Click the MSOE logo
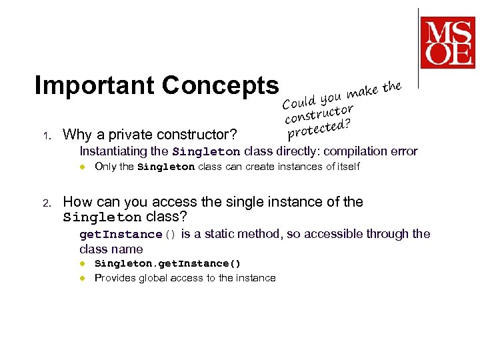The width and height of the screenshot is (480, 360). [447, 41]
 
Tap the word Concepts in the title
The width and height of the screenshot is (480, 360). [220, 85]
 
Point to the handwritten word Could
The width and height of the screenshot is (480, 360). [298, 102]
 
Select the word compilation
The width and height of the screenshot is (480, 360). [350, 151]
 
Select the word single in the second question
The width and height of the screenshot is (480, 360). [261, 202]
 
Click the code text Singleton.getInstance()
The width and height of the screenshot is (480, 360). [167, 263]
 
